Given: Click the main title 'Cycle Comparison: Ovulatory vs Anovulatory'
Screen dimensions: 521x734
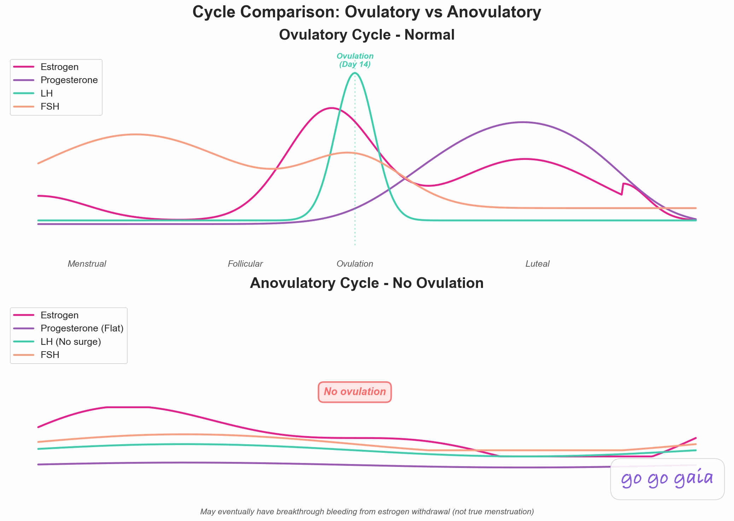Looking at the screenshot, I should pyautogui.click(x=367, y=12).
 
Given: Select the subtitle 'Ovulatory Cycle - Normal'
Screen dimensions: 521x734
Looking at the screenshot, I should pyautogui.click(x=367, y=35).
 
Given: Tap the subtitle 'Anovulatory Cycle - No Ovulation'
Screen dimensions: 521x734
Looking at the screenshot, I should pyautogui.click(x=367, y=283).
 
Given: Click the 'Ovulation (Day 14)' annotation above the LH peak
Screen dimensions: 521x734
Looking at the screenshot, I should pyautogui.click(x=355, y=60).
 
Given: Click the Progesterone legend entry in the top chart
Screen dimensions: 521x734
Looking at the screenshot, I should pyautogui.click(x=69, y=80).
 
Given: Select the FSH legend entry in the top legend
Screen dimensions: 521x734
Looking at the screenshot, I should pyautogui.click(x=50, y=106).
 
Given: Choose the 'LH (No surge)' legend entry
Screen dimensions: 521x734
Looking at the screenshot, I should pyautogui.click(x=71, y=342).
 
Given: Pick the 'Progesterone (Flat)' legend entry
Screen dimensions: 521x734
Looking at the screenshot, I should pyautogui.click(x=82, y=328).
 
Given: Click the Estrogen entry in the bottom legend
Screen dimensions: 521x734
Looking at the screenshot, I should pyautogui.click(x=59, y=315).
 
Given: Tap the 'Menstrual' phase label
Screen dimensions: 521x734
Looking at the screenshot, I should pyautogui.click(x=87, y=264).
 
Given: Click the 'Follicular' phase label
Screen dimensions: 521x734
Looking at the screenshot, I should pyautogui.click(x=245, y=264).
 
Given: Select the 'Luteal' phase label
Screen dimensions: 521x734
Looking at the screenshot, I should pyautogui.click(x=537, y=264).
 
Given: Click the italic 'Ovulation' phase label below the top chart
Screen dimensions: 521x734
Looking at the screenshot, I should pyautogui.click(x=355, y=264).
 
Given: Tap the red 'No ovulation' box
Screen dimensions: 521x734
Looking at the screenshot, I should pyautogui.click(x=355, y=392).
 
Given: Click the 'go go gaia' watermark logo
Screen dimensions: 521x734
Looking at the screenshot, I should pyautogui.click(x=667, y=479).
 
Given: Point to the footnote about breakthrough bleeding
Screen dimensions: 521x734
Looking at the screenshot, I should pyautogui.click(x=367, y=511).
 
